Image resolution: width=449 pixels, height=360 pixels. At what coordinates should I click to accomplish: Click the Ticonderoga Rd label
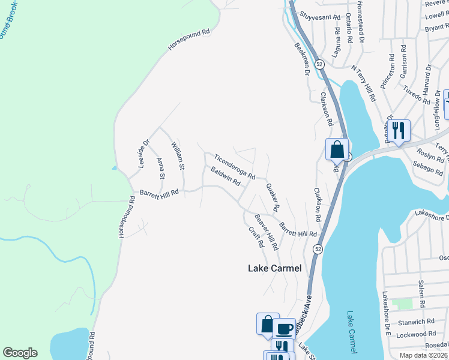pos(235,165)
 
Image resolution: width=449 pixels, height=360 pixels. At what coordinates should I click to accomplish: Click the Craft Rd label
pos(256,237)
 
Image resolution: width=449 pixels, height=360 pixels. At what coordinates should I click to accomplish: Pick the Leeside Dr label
pos(143,154)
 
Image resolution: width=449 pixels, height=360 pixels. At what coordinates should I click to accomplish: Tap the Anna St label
pos(160,168)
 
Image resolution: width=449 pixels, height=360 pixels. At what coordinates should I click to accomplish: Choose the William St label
pos(178,154)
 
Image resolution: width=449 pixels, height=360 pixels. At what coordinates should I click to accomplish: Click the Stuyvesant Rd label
pos(320,18)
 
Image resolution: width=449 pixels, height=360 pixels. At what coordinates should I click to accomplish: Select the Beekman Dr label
pos(301,58)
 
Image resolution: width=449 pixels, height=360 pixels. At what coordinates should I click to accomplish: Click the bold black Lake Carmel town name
pos(274,268)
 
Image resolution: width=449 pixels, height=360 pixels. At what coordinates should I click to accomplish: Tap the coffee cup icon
pos(284,329)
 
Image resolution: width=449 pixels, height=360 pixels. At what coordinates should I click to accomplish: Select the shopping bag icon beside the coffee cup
pos(267,325)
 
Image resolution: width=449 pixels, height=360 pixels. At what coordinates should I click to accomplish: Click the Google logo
pos(20,353)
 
